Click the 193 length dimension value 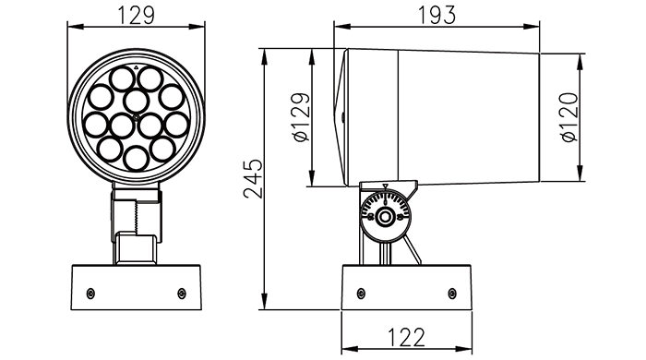click(x=437, y=16)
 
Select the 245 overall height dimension click(x=253, y=178)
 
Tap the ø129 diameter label click(x=302, y=117)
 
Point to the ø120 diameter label click(x=569, y=117)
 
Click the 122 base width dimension click(x=406, y=338)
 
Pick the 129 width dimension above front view click(x=137, y=16)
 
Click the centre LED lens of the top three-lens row click(x=136, y=101)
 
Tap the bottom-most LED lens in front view click(x=136, y=158)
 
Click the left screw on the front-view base click(x=90, y=294)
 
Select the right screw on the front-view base click(x=181, y=294)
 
